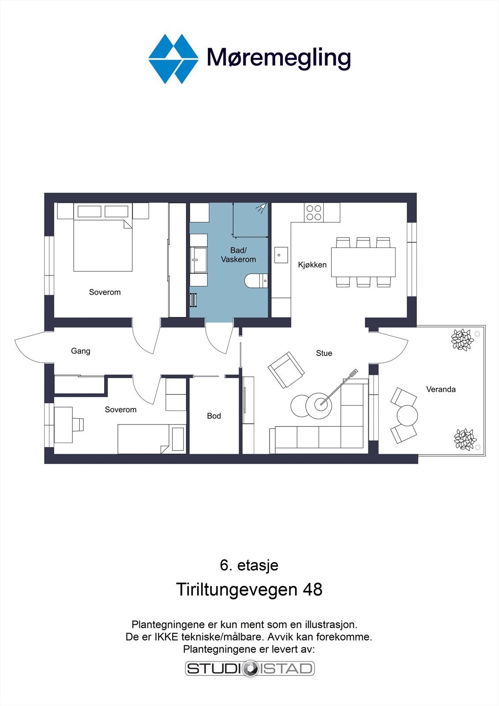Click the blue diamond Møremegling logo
[173, 59]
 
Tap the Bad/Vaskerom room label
[238, 255]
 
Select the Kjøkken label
[312, 265]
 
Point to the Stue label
[324, 353]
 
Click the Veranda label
[441, 389]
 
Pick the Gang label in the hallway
[80, 351]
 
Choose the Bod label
[214, 416]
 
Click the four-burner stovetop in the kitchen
[314, 212]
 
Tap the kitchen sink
[281, 255]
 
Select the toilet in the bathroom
[256, 281]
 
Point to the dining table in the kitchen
[363, 262]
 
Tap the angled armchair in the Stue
[286, 370]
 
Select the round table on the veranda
[407, 416]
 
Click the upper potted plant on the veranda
[462, 340]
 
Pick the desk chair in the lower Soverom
[78, 424]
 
